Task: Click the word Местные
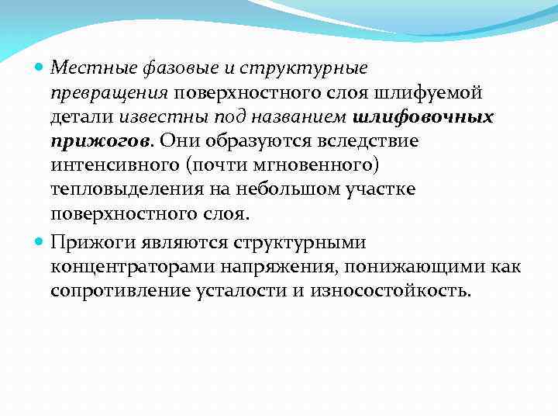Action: point(83,69)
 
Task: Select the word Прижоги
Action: point(88,243)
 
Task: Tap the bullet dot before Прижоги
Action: point(40,243)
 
